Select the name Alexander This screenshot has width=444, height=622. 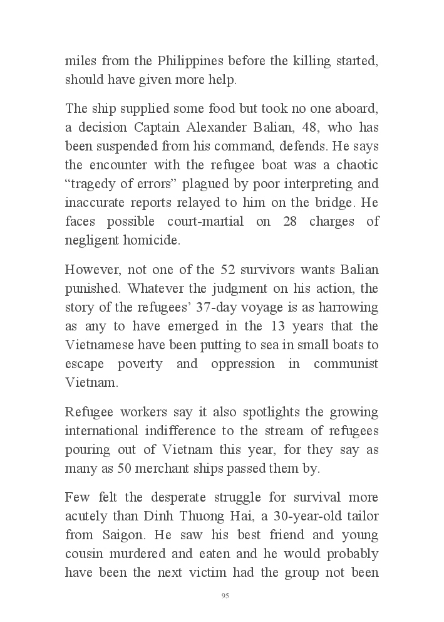click(x=214, y=127)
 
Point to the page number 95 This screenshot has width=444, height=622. click(x=225, y=596)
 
